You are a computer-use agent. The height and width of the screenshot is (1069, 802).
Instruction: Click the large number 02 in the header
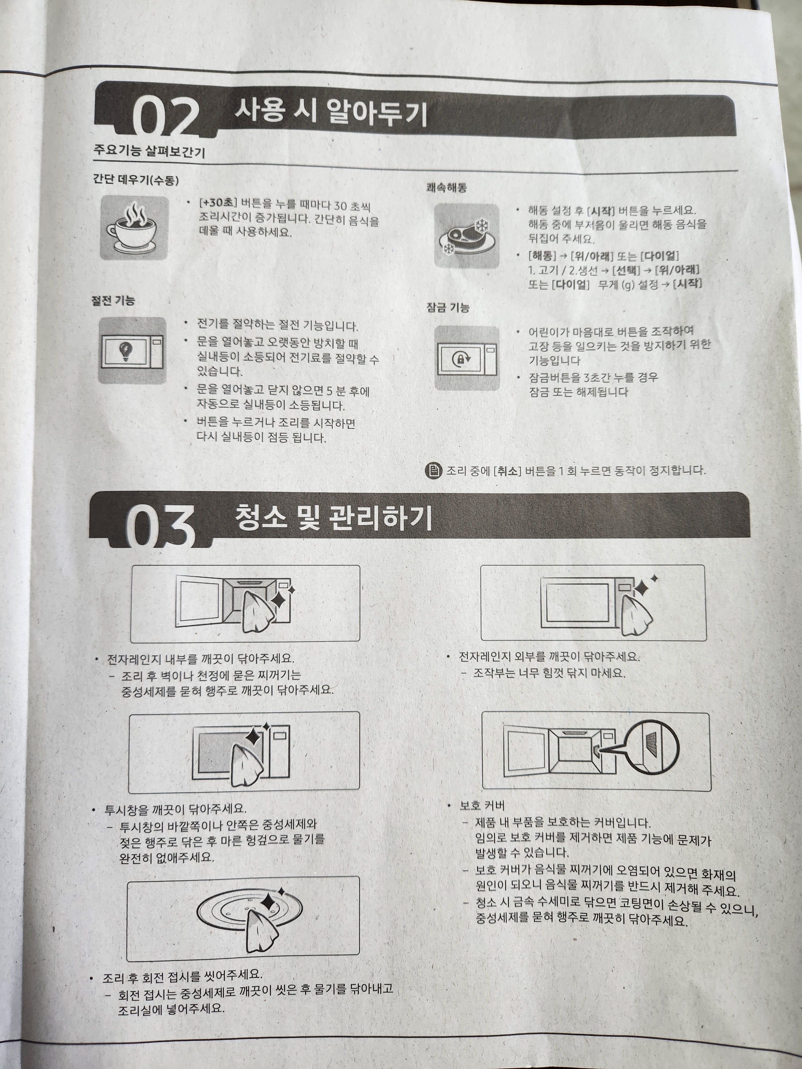165,117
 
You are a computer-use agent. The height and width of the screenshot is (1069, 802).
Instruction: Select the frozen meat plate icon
466,236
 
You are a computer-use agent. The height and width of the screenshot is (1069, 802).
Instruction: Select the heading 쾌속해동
447,188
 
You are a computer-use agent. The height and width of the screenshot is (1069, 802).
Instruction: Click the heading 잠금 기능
448,307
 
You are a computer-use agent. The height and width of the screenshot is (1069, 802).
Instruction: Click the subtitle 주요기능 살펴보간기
149,152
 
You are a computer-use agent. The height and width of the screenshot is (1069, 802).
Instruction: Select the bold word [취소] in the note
507,470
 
